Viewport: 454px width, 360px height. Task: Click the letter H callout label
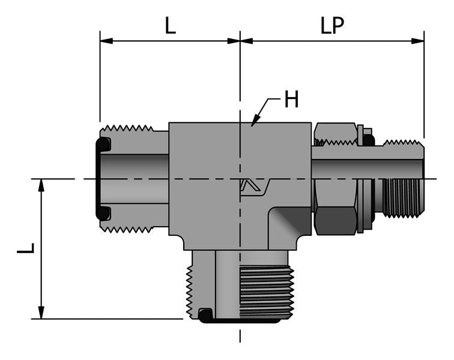291,100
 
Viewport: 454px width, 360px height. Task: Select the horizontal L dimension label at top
171,26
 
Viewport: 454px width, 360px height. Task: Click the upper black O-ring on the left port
103,145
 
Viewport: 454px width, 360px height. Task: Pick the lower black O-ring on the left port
103,212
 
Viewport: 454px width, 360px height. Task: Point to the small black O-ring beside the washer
368,140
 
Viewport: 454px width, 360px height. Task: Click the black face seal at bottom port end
240,321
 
